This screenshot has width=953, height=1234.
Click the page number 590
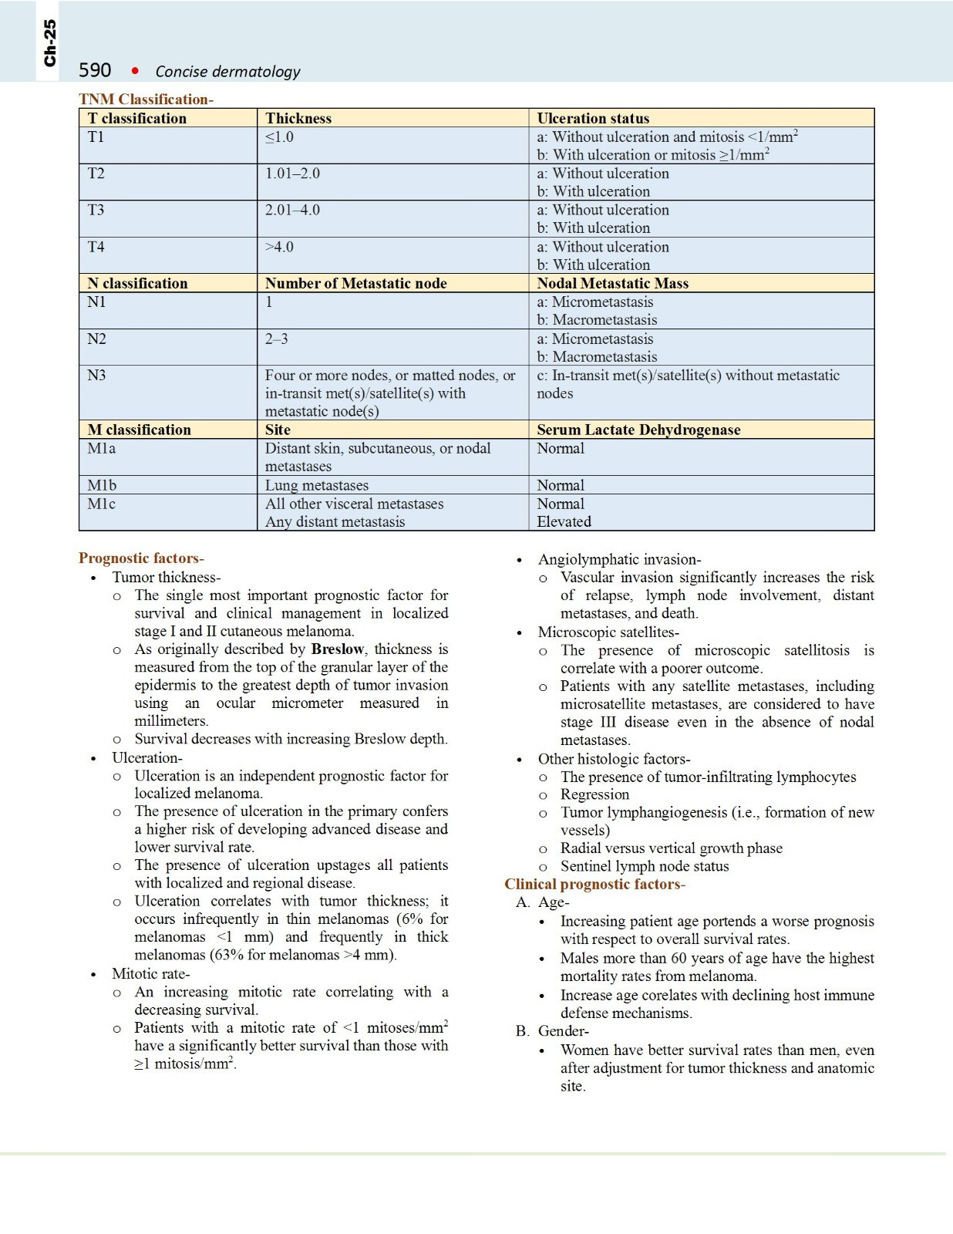click(x=95, y=70)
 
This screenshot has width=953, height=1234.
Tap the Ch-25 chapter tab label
click(x=49, y=43)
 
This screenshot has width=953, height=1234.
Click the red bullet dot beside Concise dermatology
click(x=135, y=71)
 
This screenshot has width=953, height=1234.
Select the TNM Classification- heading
click(x=146, y=99)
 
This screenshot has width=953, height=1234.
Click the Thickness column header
click(x=298, y=118)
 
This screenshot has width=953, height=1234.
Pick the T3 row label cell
click(x=96, y=210)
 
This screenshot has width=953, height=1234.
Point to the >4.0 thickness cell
click(x=279, y=247)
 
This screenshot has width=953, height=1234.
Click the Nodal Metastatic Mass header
click(x=612, y=283)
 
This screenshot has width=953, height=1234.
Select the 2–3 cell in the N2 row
click(x=276, y=339)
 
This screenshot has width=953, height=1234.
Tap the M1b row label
click(x=102, y=485)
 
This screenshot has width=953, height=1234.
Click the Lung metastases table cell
click(x=317, y=485)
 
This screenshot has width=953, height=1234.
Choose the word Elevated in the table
click(x=564, y=521)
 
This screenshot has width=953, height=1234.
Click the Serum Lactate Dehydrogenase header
click(x=638, y=430)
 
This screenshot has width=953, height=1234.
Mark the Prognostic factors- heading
click(x=141, y=558)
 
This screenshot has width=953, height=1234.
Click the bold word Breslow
click(x=337, y=649)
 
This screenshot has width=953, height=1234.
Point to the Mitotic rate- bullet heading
click(x=150, y=973)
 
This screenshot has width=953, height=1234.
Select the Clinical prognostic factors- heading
click(x=594, y=884)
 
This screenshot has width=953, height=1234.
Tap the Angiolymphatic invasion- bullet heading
click(x=619, y=559)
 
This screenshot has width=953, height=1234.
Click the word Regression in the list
click(x=594, y=794)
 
